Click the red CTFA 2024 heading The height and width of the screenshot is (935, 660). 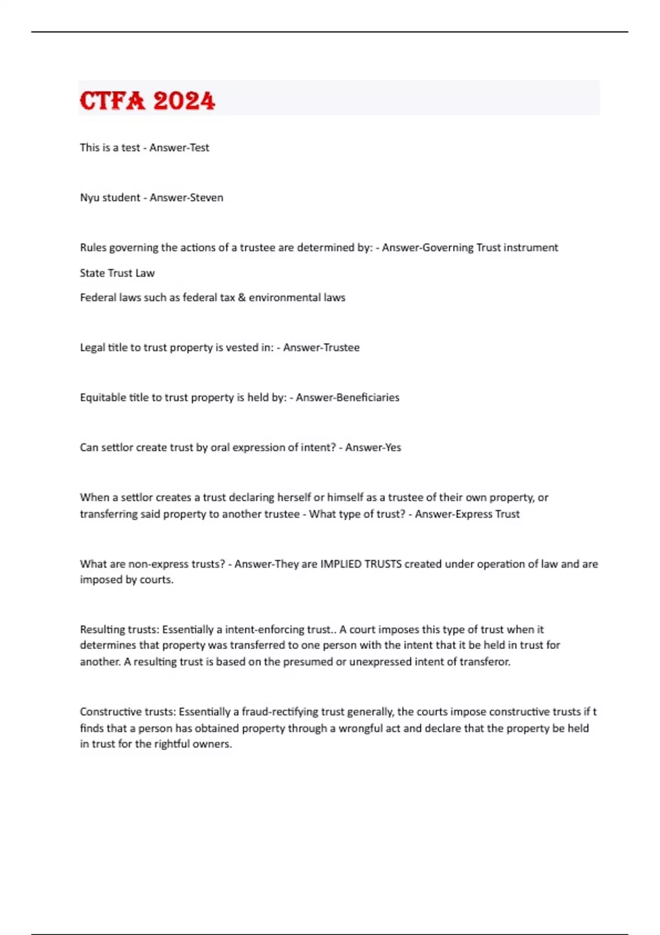pyautogui.click(x=147, y=101)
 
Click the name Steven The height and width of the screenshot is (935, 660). pyautogui.click(x=205, y=197)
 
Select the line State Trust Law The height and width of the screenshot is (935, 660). pyautogui.click(x=117, y=273)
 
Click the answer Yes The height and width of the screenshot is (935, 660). pyautogui.click(x=393, y=447)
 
